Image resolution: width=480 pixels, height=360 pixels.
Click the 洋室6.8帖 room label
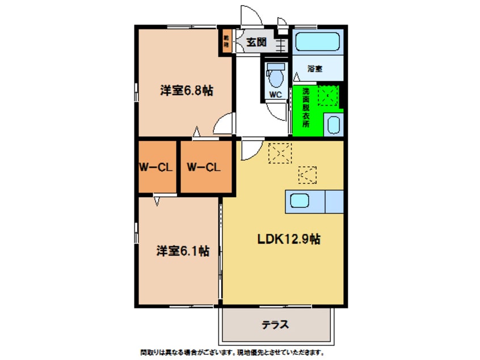[186, 90]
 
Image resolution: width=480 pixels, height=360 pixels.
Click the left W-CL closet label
[157, 167]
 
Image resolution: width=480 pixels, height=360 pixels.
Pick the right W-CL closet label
[203, 167]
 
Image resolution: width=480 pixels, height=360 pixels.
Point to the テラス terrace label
[276, 325]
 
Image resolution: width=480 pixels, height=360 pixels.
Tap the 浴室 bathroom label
[315, 69]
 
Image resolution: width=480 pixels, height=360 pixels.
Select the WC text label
[276, 95]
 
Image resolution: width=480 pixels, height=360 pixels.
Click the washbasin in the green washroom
[334, 124]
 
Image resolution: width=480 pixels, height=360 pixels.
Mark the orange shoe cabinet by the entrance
[226, 41]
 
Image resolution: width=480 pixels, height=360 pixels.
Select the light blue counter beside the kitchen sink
[334, 201]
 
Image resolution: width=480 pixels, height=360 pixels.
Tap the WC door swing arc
[277, 111]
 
